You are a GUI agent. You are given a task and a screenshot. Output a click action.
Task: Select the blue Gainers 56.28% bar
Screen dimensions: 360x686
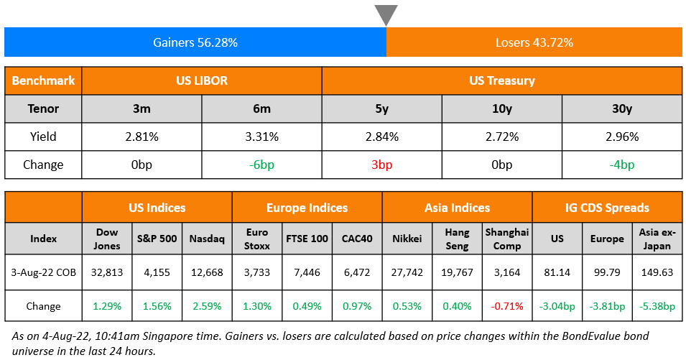click(195, 42)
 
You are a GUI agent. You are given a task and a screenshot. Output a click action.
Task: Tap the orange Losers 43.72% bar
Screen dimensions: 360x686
click(534, 42)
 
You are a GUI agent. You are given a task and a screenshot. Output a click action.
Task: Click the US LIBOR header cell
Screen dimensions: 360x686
click(201, 80)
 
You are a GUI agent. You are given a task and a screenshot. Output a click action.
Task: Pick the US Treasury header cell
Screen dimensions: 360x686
click(501, 80)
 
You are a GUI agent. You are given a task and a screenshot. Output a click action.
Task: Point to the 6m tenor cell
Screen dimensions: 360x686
click(261, 109)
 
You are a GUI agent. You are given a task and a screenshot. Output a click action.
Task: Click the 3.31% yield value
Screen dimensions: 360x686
click(261, 137)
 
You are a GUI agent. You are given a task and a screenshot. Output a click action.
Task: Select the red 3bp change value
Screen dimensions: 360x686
click(381, 165)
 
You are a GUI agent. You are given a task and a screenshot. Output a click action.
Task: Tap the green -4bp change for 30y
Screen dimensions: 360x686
click(621, 165)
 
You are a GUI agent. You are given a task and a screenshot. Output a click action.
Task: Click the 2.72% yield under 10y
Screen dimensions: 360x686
click(501, 137)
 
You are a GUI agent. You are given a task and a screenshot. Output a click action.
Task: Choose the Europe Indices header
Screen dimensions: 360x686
click(307, 208)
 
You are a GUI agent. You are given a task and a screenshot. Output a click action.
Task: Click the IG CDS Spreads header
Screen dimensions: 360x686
click(607, 208)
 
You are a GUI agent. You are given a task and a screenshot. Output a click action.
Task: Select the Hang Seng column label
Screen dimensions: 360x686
click(457, 239)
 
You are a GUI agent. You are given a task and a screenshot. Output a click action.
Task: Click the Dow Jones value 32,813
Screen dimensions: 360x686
click(107, 272)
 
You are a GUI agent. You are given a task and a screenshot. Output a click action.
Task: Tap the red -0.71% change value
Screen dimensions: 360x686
click(507, 306)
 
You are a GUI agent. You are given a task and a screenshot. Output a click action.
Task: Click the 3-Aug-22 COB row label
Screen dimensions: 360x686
click(43, 272)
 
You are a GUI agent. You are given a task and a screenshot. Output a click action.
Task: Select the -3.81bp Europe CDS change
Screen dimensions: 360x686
click(607, 306)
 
